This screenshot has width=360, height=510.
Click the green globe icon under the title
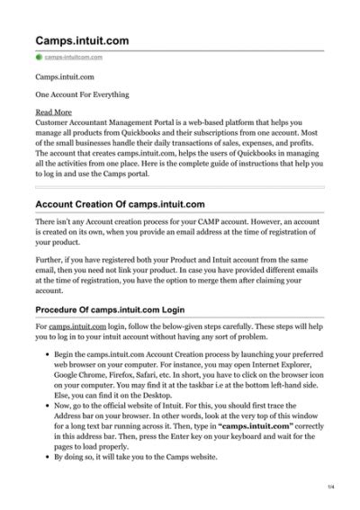(x=39, y=57)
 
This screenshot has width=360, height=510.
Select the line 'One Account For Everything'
(x=82, y=94)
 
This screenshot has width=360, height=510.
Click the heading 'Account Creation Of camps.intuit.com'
(x=125, y=204)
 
